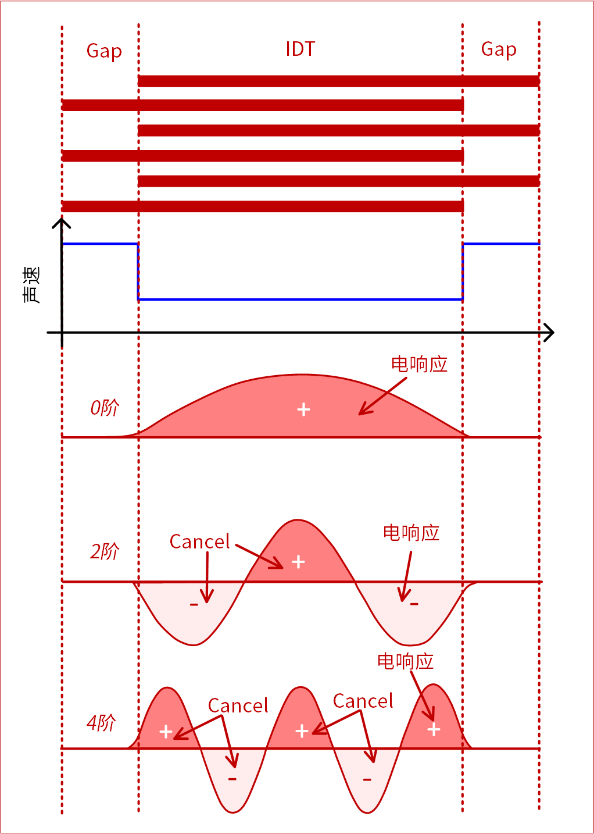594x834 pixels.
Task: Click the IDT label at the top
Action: pos(300,49)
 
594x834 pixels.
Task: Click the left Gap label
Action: pos(104,51)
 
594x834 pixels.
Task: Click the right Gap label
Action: pos(499,49)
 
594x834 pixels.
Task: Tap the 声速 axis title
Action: pos(31,285)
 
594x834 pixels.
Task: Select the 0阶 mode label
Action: pos(105,408)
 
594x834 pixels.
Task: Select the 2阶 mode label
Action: pos(105,551)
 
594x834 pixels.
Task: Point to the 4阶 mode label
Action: pos(102,723)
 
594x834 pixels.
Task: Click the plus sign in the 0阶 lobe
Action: pos(303,409)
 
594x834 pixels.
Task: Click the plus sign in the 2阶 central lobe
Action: pos(298,562)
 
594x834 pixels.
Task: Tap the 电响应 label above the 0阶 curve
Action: pos(419,364)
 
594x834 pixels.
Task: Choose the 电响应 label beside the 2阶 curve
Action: pos(411,533)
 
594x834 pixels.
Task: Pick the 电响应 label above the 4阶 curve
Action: pos(405,661)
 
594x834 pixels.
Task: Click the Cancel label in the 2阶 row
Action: pos(199,541)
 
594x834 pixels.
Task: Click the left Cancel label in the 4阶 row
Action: pos(238,705)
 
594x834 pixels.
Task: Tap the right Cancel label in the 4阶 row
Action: pos(363,701)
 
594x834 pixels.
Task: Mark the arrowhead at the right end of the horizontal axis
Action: pos(548,333)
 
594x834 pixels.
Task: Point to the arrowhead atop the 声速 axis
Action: pos(62,224)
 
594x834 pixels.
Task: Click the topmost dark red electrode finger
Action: pos(338,81)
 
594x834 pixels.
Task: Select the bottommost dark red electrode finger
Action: pos(263,206)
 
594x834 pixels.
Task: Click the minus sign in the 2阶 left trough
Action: pos(194,605)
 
